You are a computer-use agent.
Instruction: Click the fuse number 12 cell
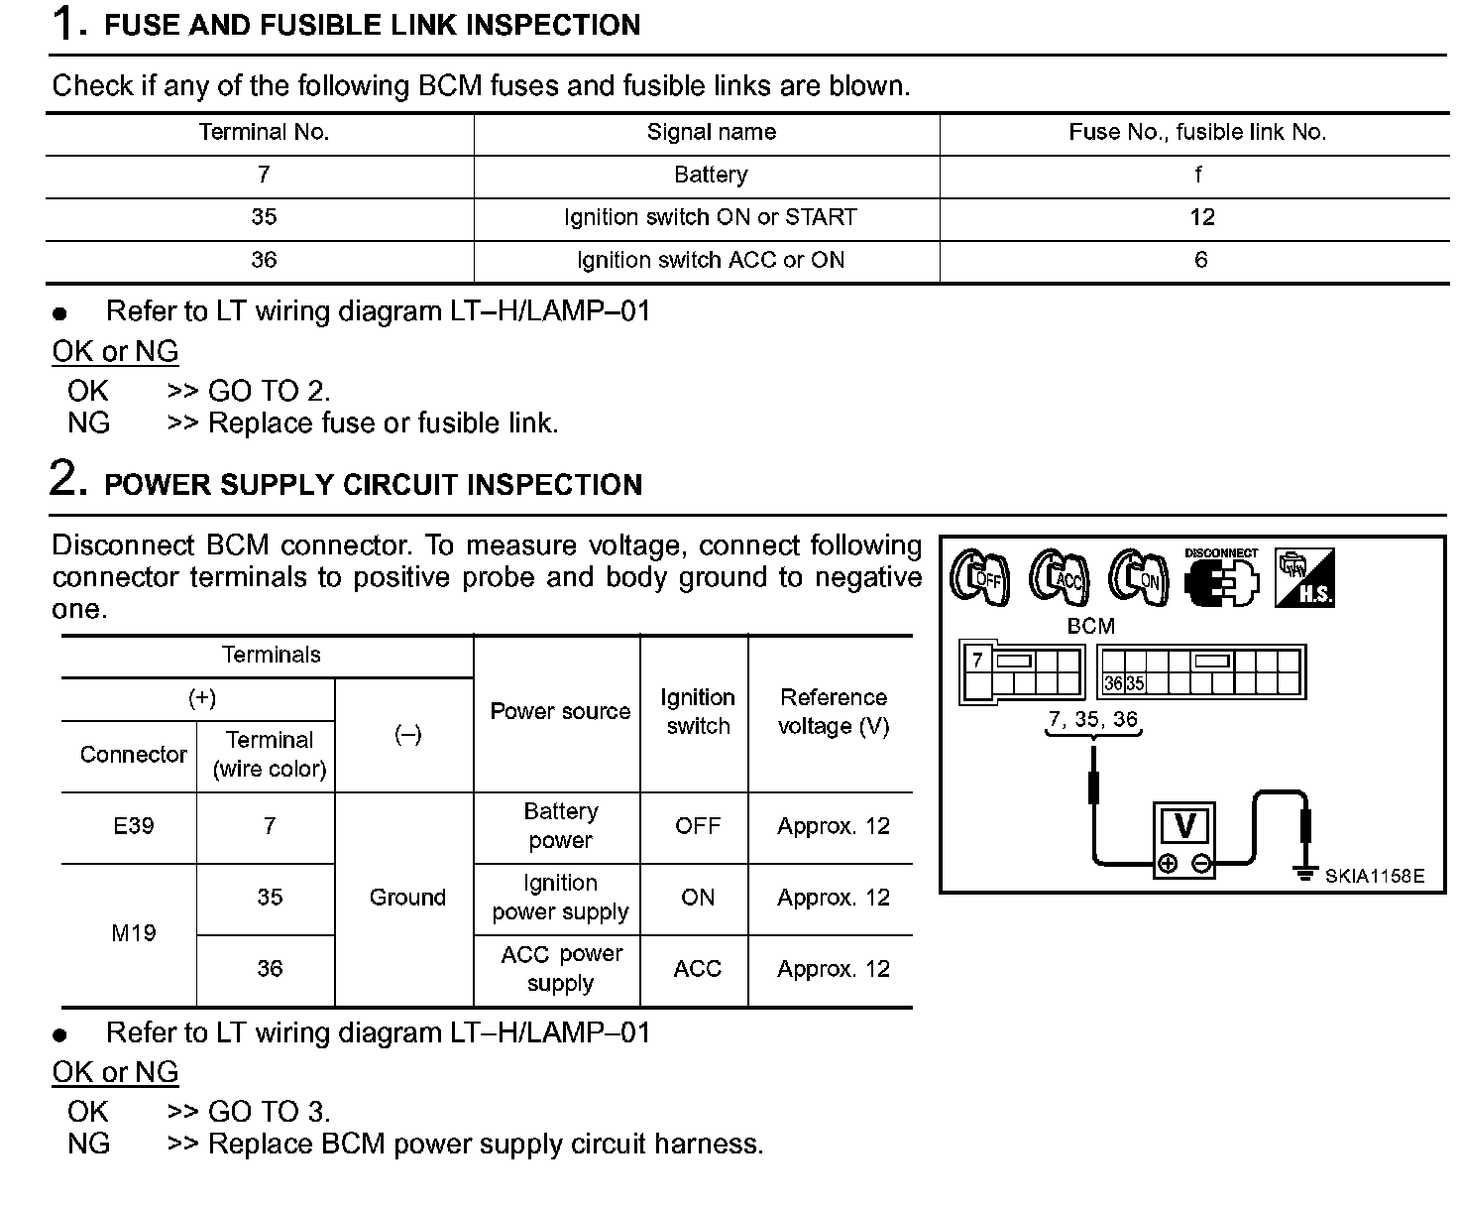click(x=1201, y=217)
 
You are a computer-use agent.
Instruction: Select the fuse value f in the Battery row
click(x=1198, y=175)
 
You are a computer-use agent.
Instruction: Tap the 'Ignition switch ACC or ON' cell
click(x=710, y=260)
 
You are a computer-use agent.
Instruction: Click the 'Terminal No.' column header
click(x=264, y=132)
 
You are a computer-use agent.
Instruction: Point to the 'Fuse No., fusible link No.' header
click(x=1197, y=132)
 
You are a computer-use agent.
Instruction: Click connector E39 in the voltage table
click(x=133, y=826)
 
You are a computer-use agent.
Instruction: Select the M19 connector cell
click(x=133, y=933)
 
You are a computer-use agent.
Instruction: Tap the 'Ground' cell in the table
click(x=406, y=898)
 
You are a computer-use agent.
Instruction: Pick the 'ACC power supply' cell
click(x=561, y=968)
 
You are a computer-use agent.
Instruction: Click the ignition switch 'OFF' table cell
click(x=698, y=826)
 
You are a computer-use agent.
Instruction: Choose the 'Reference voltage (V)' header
click(x=833, y=711)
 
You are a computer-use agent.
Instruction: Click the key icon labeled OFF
click(x=979, y=577)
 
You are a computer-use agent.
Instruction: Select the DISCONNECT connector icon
click(x=1221, y=577)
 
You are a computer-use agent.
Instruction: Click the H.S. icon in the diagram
click(x=1304, y=577)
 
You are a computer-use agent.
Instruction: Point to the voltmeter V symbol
click(x=1184, y=826)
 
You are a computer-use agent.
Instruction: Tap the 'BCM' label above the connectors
click(x=1090, y=626)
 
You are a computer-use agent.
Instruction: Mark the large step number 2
click(x=67, y=478)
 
